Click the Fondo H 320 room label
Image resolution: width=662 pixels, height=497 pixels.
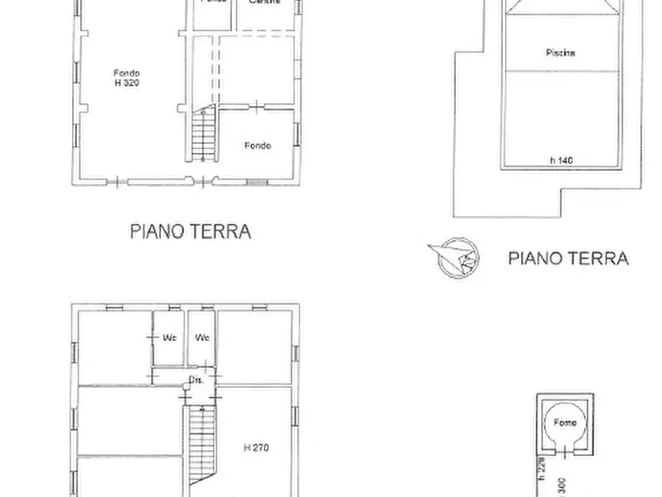tap(127, 78)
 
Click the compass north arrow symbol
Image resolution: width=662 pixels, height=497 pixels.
tap(453, 257)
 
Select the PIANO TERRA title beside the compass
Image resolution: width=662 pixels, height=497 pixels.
tap(568, 258)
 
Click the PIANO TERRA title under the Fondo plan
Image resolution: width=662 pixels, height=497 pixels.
tap(191, 231)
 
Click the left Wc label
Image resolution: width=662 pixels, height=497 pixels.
tap(170, 338)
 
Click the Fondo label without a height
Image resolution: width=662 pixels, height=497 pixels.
tap(257, 145)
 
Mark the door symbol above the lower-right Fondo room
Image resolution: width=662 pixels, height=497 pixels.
tap(256, 108)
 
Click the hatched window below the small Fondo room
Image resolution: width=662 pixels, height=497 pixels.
tap(256, 182)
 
